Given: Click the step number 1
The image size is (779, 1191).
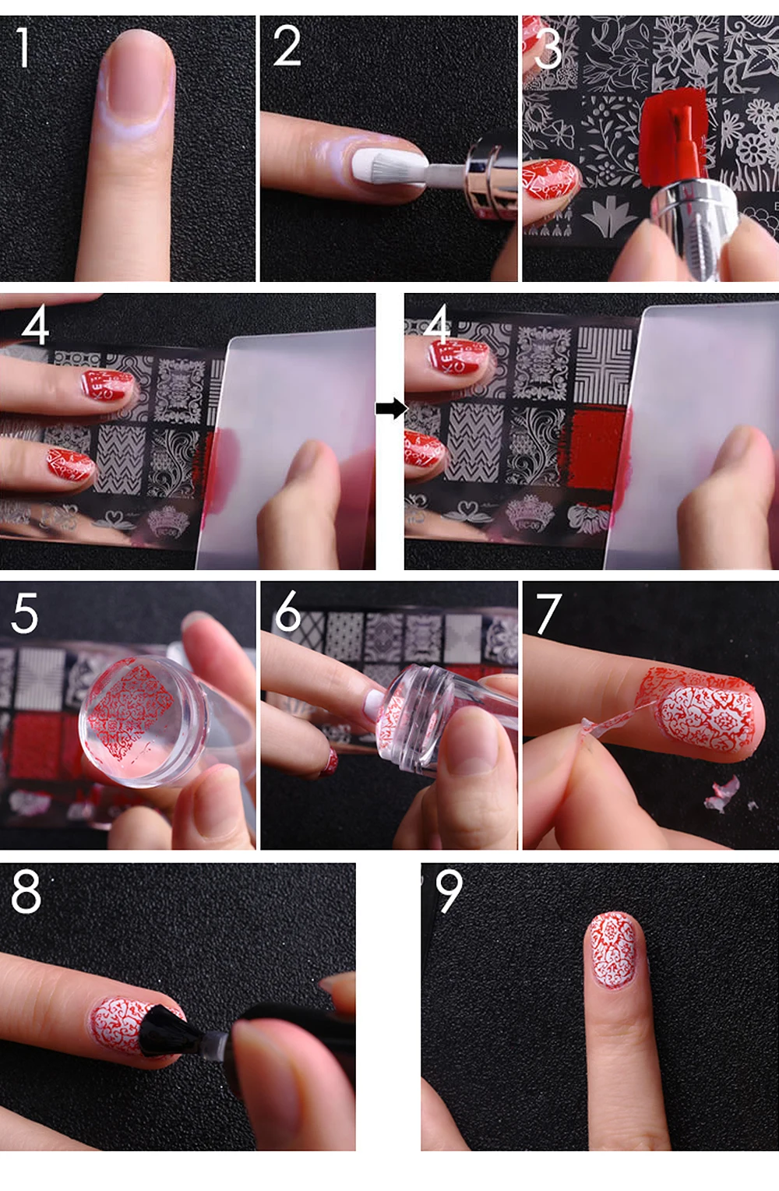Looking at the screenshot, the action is coord(23,48).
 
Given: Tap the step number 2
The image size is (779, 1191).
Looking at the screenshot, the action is coord(287,47).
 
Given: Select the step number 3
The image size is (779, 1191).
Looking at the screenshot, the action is coord(548,49).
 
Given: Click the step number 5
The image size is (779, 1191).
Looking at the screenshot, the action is coord(24,613).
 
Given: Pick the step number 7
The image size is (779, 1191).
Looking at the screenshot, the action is coord(548,614).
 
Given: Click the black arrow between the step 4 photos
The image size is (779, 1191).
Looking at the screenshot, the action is coord(391,409).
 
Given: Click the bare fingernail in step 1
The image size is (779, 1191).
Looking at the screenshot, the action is coord(137,75).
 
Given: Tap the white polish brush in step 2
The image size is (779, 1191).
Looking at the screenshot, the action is coord(388,167).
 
